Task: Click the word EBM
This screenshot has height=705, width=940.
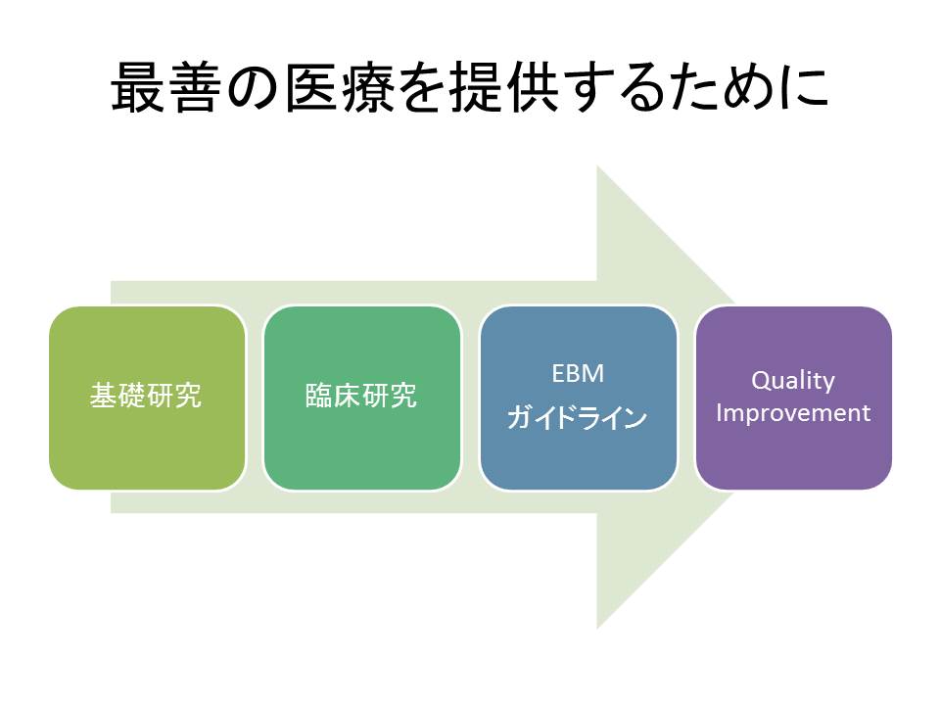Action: [578, 373]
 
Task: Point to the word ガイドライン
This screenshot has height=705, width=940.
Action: [578, 418]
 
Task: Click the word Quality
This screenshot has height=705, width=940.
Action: [793, 380]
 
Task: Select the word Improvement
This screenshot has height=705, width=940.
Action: [793, 413]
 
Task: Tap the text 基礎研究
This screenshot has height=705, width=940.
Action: [146, 396]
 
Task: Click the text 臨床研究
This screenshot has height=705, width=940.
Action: [361, 396]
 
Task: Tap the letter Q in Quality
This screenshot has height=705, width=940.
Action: [760, 380]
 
